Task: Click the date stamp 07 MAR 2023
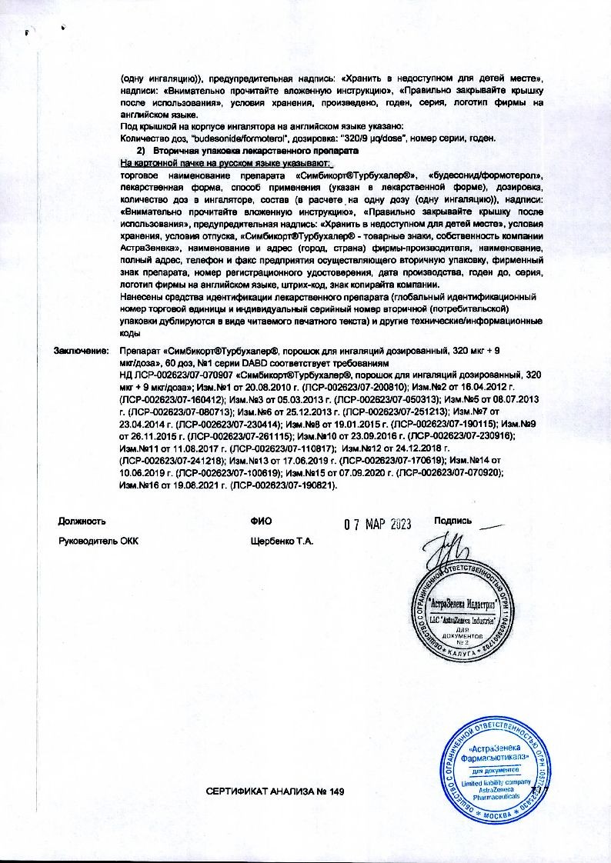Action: tap(378, 525)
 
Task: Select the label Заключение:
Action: tap(79, 351)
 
